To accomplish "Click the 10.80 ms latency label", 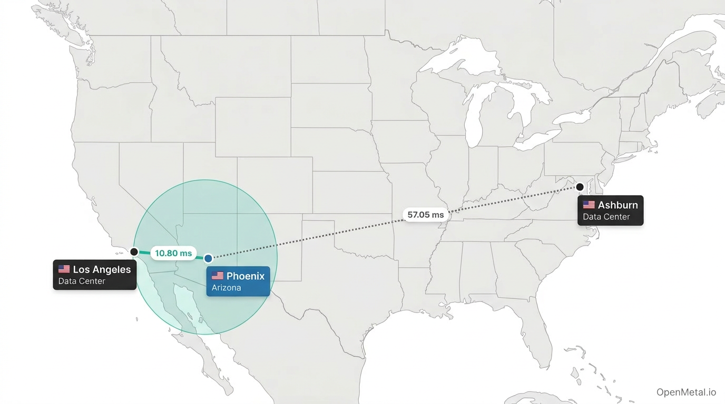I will [173, 253].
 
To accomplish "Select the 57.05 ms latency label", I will [426, 215].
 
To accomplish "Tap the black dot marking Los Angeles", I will [134, 252].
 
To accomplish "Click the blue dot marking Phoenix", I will [208, 258].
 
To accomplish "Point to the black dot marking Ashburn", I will [580, 187].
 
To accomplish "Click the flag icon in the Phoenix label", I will [218, 276].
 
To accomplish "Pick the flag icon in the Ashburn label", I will [589, 205].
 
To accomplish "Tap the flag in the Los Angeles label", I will [64, 269].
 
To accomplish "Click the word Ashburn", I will [618, 205].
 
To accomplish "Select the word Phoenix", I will [246, 276].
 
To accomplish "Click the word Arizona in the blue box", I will [226, 288].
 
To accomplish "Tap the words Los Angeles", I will [102, 269].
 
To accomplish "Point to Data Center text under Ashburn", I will [606, 217].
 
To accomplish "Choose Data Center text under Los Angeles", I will [82, 281].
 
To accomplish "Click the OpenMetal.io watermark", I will [686, 392].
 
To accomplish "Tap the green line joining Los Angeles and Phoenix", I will [145, 254].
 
